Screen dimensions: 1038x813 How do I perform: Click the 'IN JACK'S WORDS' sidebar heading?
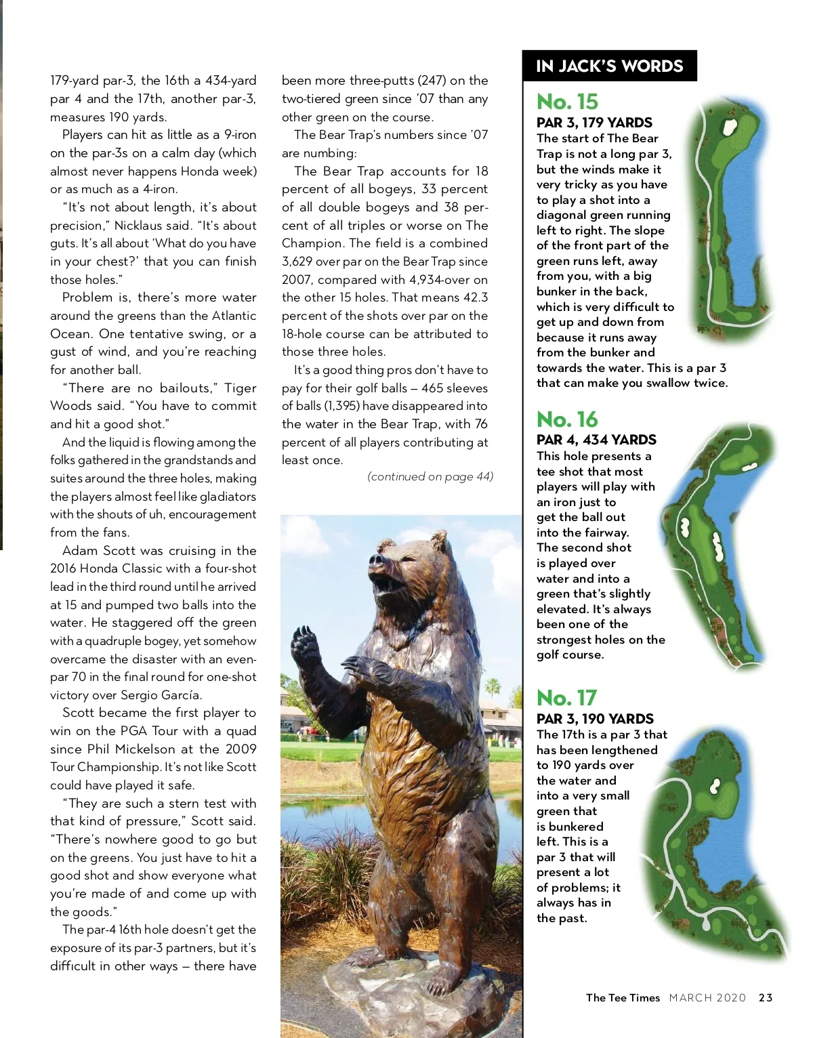coord(609,66)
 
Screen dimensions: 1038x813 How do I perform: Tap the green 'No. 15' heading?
coord(567,102)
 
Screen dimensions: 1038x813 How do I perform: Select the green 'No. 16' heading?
coord(567,419)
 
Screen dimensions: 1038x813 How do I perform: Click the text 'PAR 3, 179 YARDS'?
coord(594,123)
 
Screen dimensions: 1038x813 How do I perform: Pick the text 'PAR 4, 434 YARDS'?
coord(596,440)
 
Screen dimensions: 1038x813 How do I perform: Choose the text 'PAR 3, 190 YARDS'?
coord(595,719)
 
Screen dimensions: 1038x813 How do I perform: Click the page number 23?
coord(766,998)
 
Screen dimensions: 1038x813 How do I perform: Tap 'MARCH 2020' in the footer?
coord(707,998)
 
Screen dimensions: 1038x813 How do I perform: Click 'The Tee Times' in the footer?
coord(623,998)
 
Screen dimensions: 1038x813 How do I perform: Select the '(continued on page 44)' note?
coord(430,477)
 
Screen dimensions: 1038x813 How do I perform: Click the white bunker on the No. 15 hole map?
coord(730,127)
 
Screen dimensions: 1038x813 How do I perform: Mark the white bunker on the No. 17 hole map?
coord(715,786)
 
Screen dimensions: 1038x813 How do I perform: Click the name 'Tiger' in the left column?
coord(240,388)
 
